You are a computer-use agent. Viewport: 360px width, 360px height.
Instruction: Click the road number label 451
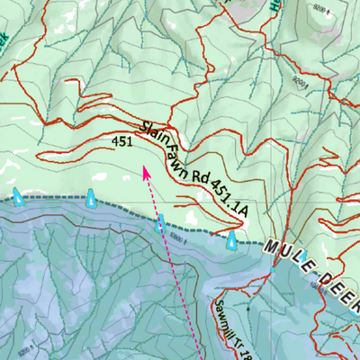tap(124, 142)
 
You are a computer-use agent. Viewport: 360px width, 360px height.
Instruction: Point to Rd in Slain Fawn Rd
tap(199, 179)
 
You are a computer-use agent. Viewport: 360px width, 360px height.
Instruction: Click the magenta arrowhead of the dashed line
tap(146, 172)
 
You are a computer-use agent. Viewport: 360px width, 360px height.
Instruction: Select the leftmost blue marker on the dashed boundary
tap(17, 195)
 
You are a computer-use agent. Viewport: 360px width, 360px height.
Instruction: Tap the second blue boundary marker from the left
tap(91, 198)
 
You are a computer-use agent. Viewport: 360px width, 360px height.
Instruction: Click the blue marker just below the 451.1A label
tap(232, 239)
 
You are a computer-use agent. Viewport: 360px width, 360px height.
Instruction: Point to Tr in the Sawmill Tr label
tap(246, 344)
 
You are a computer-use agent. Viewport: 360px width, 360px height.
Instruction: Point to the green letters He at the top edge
tap(271, 5)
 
